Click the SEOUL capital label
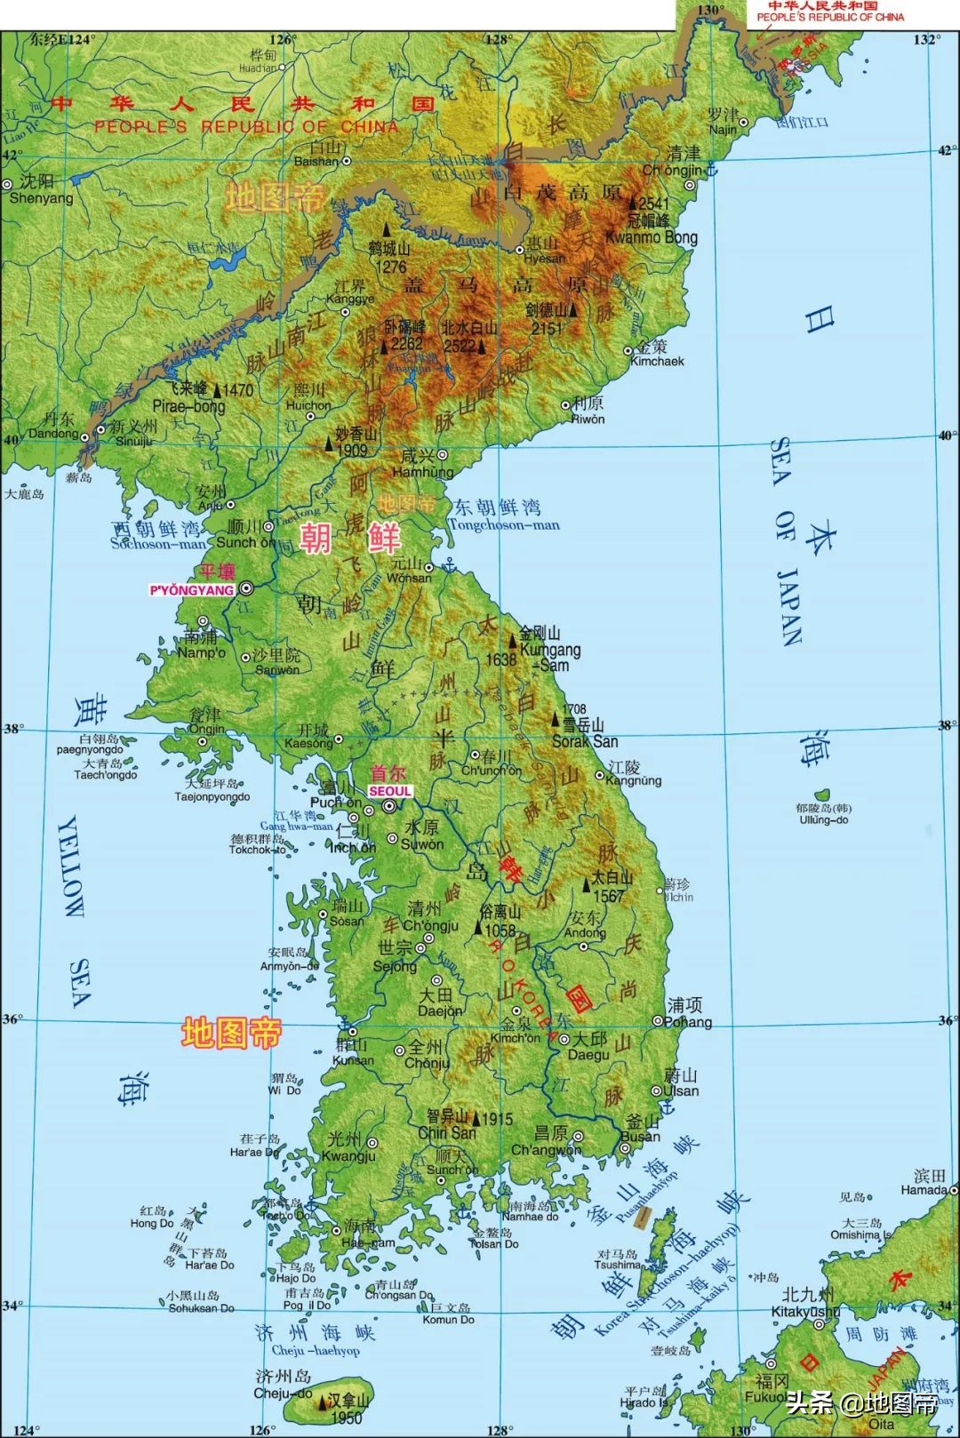[x=390, y=791]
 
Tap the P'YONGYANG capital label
[x=192, y=589]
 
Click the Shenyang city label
[x=40, y=198]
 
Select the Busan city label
[x=640, y=1136]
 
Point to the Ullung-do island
[x=822, y=794]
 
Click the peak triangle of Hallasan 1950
[x=322, y=1402]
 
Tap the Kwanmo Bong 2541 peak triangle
[x=634, y=204]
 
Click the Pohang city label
[x=687, y=1022]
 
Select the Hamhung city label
[x=422, y=472]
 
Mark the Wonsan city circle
[x=428, y=567]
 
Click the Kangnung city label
[x=633, y=780]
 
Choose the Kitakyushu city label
[x=804, y=1311]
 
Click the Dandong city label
[x=53, y=433]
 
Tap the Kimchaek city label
[x=657, y=361]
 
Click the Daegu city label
[x=588, y=1054]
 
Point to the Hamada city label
[x=924, y=1189]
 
